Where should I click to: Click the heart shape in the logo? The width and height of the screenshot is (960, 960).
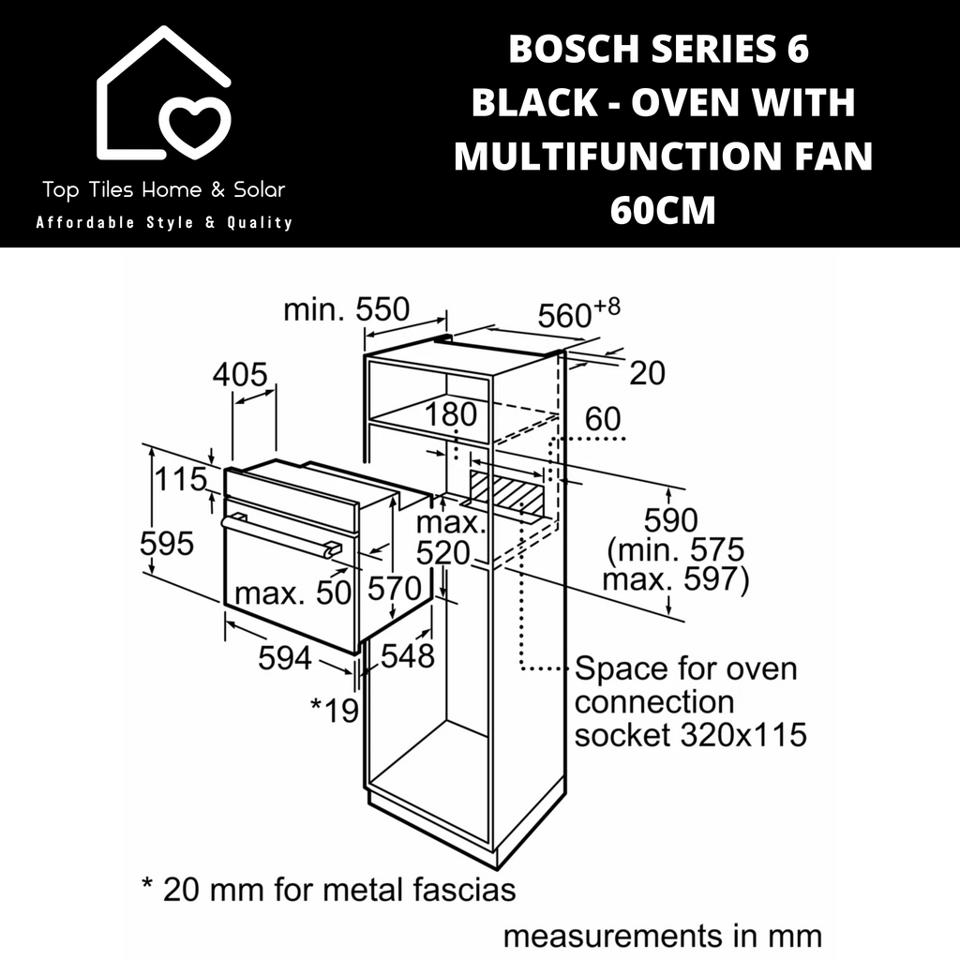tap(195, 127)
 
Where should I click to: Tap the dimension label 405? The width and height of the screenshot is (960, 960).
tap(240, 374)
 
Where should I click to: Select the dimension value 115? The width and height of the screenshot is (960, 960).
tap(181, 479)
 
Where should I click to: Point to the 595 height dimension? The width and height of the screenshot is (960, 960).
tap(167, 543)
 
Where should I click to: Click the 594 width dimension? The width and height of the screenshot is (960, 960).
tap(285, 658)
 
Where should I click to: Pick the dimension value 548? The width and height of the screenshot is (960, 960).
tap(408, 655)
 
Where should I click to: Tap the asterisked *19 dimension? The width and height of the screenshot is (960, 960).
tap(335, 711)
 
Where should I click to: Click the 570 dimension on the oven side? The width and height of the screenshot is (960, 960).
tap(395, 589)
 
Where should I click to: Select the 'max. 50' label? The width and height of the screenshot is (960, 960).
tap(292, 592)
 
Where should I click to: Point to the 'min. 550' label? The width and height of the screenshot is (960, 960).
tap(347, 309)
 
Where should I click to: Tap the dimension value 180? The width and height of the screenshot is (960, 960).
tap(451, 413)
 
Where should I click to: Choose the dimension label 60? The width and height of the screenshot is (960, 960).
tap(603, 419)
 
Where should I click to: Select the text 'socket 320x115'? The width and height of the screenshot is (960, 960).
tap(691, 734)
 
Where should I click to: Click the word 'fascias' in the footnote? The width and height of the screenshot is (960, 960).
tap(464, 890)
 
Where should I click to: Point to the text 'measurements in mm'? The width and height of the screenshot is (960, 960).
tap(663, 937)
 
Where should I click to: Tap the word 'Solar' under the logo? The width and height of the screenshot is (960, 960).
tap(260, 189)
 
